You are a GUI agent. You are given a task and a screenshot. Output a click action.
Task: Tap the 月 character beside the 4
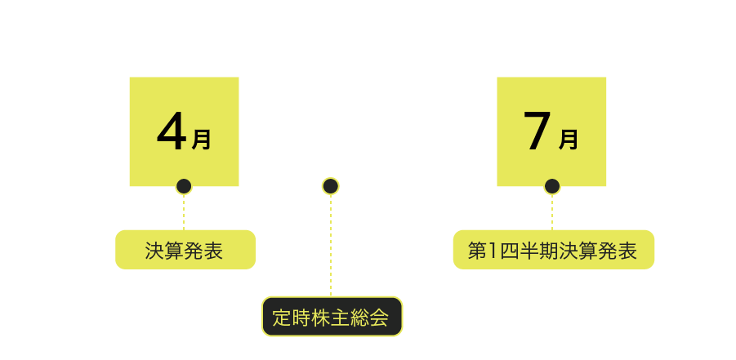coord(202,140)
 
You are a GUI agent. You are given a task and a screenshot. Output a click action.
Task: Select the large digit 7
coord(539,131)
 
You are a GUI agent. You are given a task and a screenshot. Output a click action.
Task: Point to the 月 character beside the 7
coord(569,140)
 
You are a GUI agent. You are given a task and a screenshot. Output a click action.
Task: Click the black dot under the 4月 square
coord(184,186)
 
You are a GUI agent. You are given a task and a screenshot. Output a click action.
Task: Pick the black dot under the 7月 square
coord(552,186)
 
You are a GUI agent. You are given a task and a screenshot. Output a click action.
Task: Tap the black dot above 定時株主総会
coord(331,186)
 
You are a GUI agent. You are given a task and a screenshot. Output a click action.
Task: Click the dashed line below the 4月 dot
coord(184,212)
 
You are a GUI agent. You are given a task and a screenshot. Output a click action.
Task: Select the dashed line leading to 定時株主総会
coord(331,245)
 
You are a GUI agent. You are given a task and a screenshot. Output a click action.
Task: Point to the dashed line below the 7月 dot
coord(552,212)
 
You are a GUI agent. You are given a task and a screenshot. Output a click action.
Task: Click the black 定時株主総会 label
coord(332,317)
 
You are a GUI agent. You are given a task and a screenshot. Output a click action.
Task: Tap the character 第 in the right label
coord(477,251)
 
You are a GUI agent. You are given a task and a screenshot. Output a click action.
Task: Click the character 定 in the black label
coord(282,318)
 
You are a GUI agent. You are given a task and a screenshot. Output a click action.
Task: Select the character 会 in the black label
coord(380,318)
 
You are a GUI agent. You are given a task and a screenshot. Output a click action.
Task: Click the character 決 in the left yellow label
coord(154,251)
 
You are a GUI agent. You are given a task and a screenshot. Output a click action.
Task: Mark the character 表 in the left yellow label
coord(213,251)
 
